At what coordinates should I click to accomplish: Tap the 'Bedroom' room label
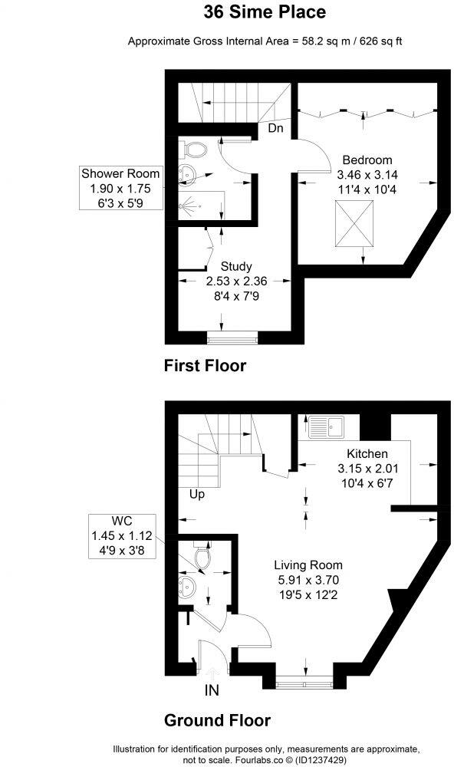coord(367,160)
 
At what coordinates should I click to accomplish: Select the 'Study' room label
coord(236,267)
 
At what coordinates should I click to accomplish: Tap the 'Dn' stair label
coord(275,129)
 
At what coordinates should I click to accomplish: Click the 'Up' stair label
coord(198,495)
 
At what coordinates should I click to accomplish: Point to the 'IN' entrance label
coord(212,690)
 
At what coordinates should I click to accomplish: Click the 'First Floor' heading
coord(205,366)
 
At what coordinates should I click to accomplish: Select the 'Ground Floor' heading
coord(217,721)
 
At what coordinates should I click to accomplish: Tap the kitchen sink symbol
coord(328,423)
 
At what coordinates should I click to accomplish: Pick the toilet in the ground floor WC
coord(202,558)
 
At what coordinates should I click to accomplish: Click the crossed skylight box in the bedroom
coord(354,225)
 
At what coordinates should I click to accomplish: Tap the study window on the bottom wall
coord(233,335)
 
